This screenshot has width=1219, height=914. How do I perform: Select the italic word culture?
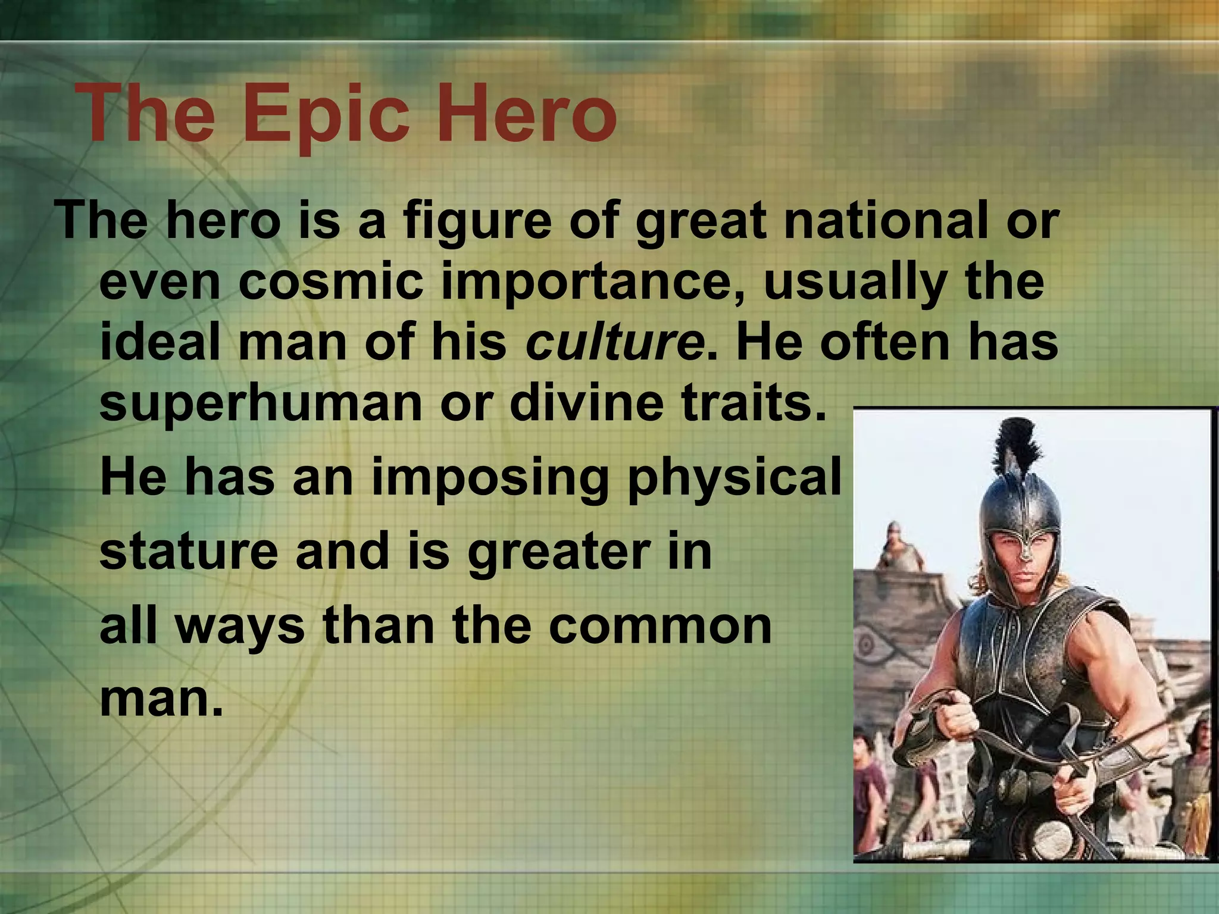click(x=615, y=342)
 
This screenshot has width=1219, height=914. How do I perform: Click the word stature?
click(x=189, y=552)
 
